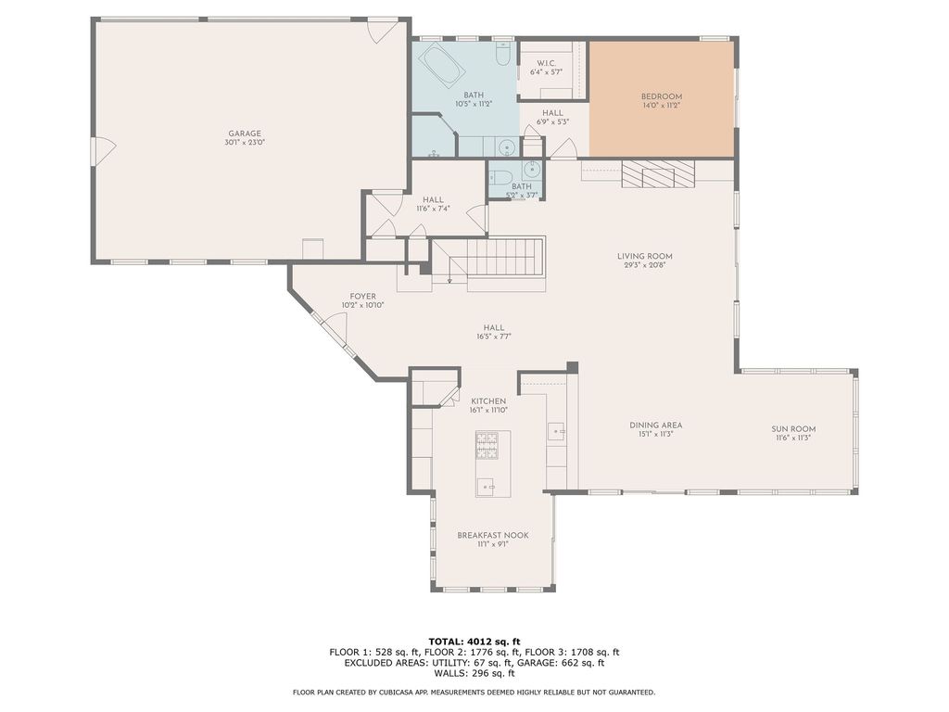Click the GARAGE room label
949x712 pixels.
click(245, 133)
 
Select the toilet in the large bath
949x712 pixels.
click(501, 57)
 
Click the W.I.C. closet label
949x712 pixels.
click(546, 63)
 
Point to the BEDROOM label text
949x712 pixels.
click(662, 96)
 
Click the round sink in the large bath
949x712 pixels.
click(507, 146)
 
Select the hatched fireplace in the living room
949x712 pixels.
click(658, 173)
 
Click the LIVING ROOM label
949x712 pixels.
click(645, 257)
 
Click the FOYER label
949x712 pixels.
click(362, 296)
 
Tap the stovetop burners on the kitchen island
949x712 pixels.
click(487, 445)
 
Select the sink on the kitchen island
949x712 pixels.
click(487, 485)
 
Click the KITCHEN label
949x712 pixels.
click(488, 400)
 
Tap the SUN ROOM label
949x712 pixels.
click(793, 428)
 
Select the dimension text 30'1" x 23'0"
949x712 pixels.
click(245, 143)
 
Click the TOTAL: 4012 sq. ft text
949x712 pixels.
click(474, 641)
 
